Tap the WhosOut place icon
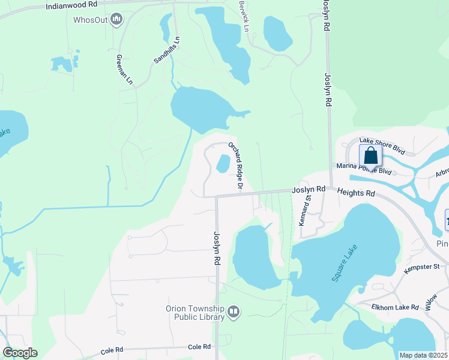click(x=116, y=20)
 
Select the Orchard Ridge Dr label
click(x=235, y=166)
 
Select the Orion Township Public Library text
click(x=195, y=314)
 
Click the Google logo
click(x=20, y=353)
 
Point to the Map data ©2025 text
click(x=423, y=355)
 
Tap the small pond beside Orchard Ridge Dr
click(x=223, y=163)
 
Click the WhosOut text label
click(x=90, y=20)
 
